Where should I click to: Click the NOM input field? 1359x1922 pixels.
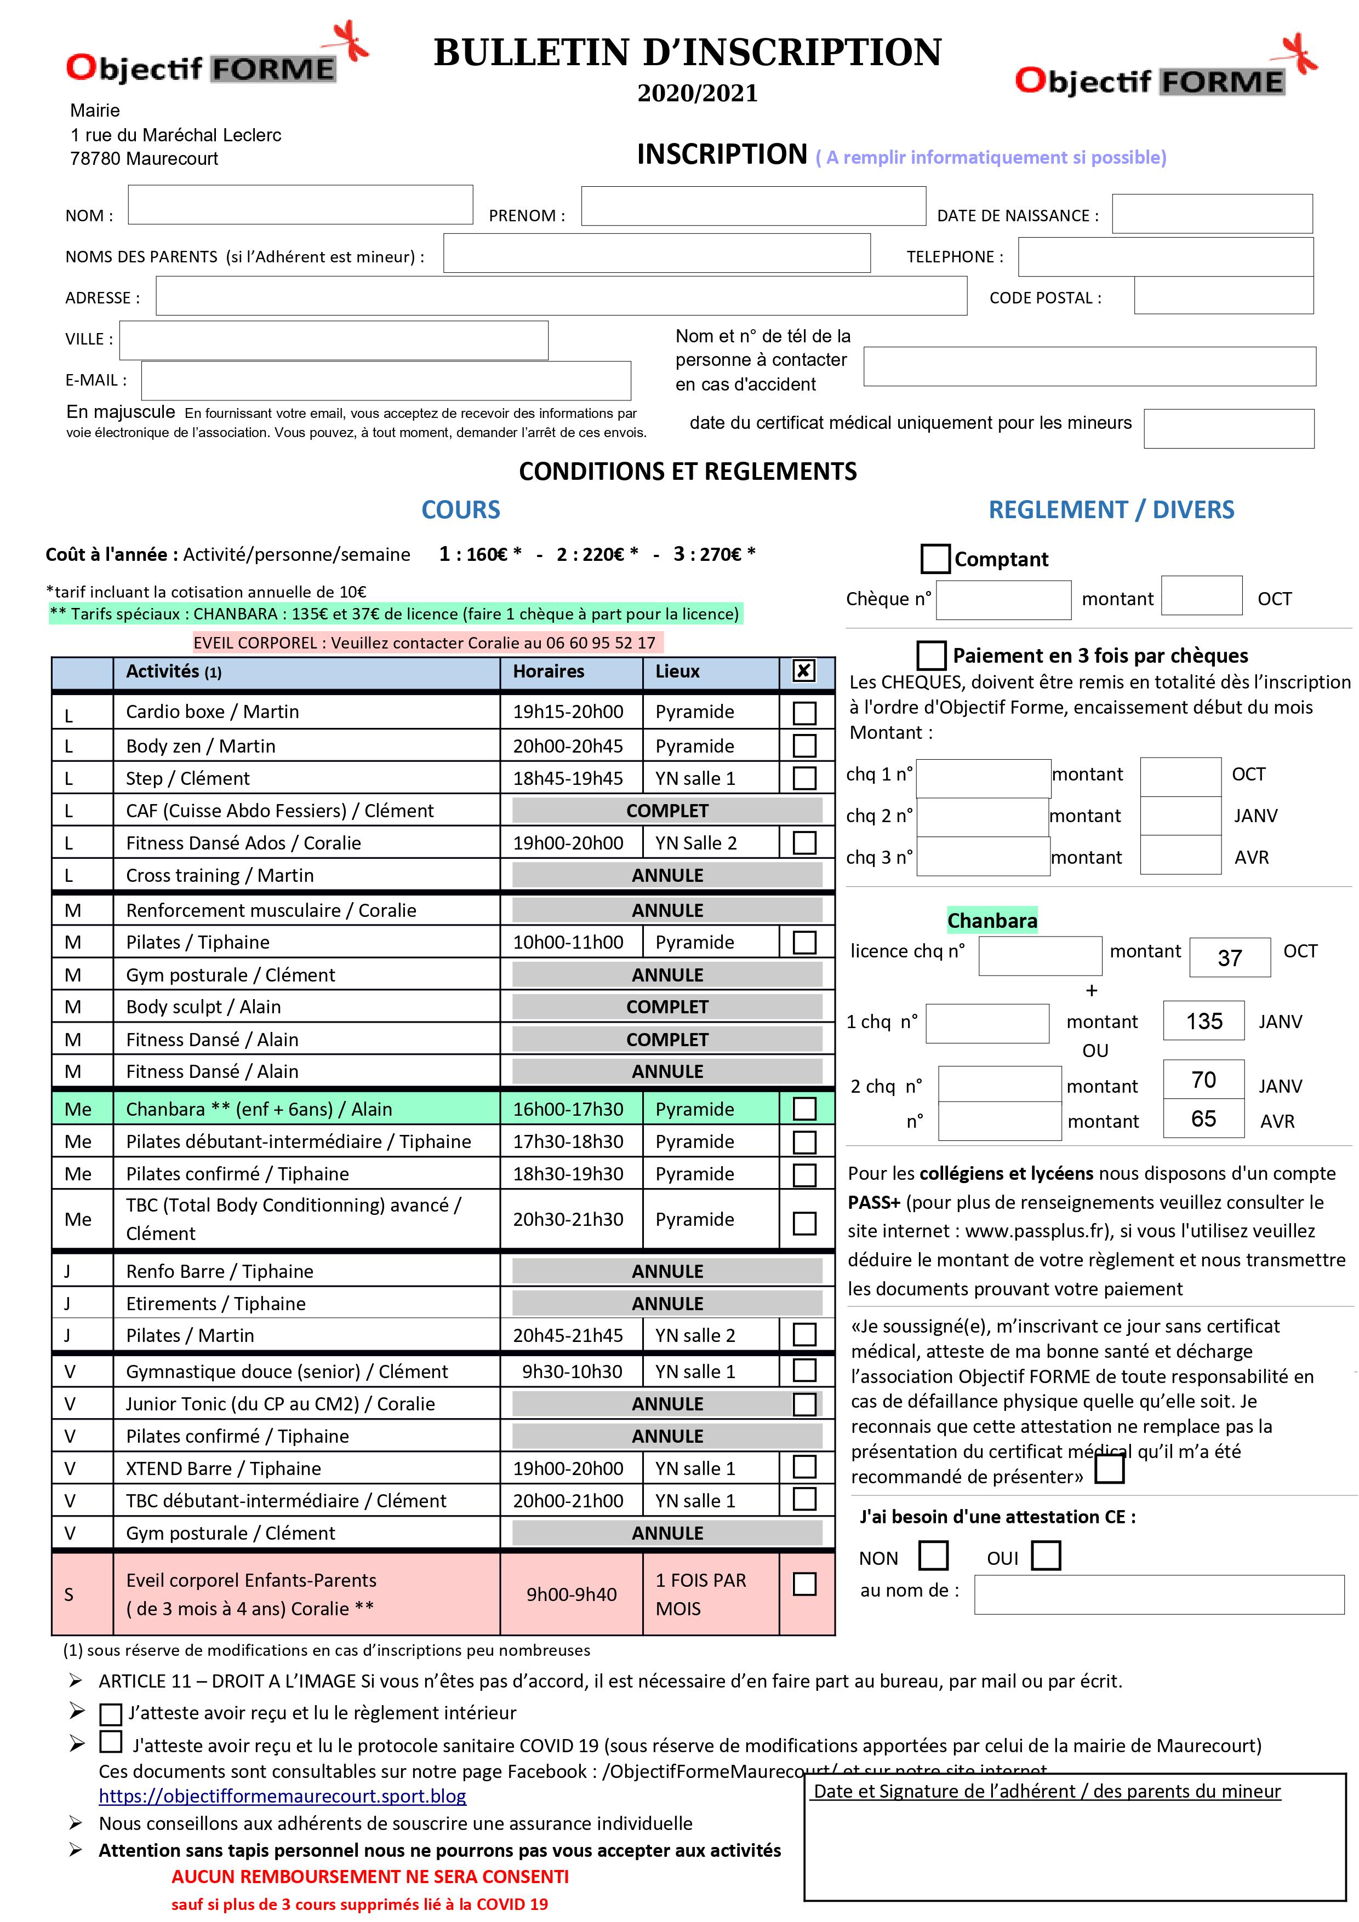(300, 205)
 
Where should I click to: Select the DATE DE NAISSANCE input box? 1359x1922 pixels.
(1211, 214)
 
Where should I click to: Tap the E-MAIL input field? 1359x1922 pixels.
(385, 381)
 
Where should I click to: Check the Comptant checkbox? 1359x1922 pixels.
(934, 558)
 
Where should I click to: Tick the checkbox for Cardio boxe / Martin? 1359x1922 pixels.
(804, 713)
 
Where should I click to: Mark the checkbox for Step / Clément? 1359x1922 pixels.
(804, 778)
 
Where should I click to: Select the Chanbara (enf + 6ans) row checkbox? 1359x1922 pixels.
(804, 1109)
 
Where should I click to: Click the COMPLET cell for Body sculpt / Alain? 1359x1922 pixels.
(666, 1007)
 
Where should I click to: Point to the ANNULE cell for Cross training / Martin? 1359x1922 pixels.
(666, 876)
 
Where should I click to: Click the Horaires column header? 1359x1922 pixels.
(549, 672)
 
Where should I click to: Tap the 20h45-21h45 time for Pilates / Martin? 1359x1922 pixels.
(568, 1336)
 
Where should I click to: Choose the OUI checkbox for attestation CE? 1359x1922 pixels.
(1045, 1556)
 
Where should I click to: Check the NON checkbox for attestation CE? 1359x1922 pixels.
(933, 1556)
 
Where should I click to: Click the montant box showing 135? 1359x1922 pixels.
(1203, 1022)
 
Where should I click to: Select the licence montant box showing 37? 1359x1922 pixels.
(1229, 957)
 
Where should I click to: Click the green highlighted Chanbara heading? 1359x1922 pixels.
(991, 921)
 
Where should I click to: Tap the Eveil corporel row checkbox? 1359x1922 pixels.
(804, 1584)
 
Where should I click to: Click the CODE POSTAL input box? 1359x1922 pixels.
(1223, 295)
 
